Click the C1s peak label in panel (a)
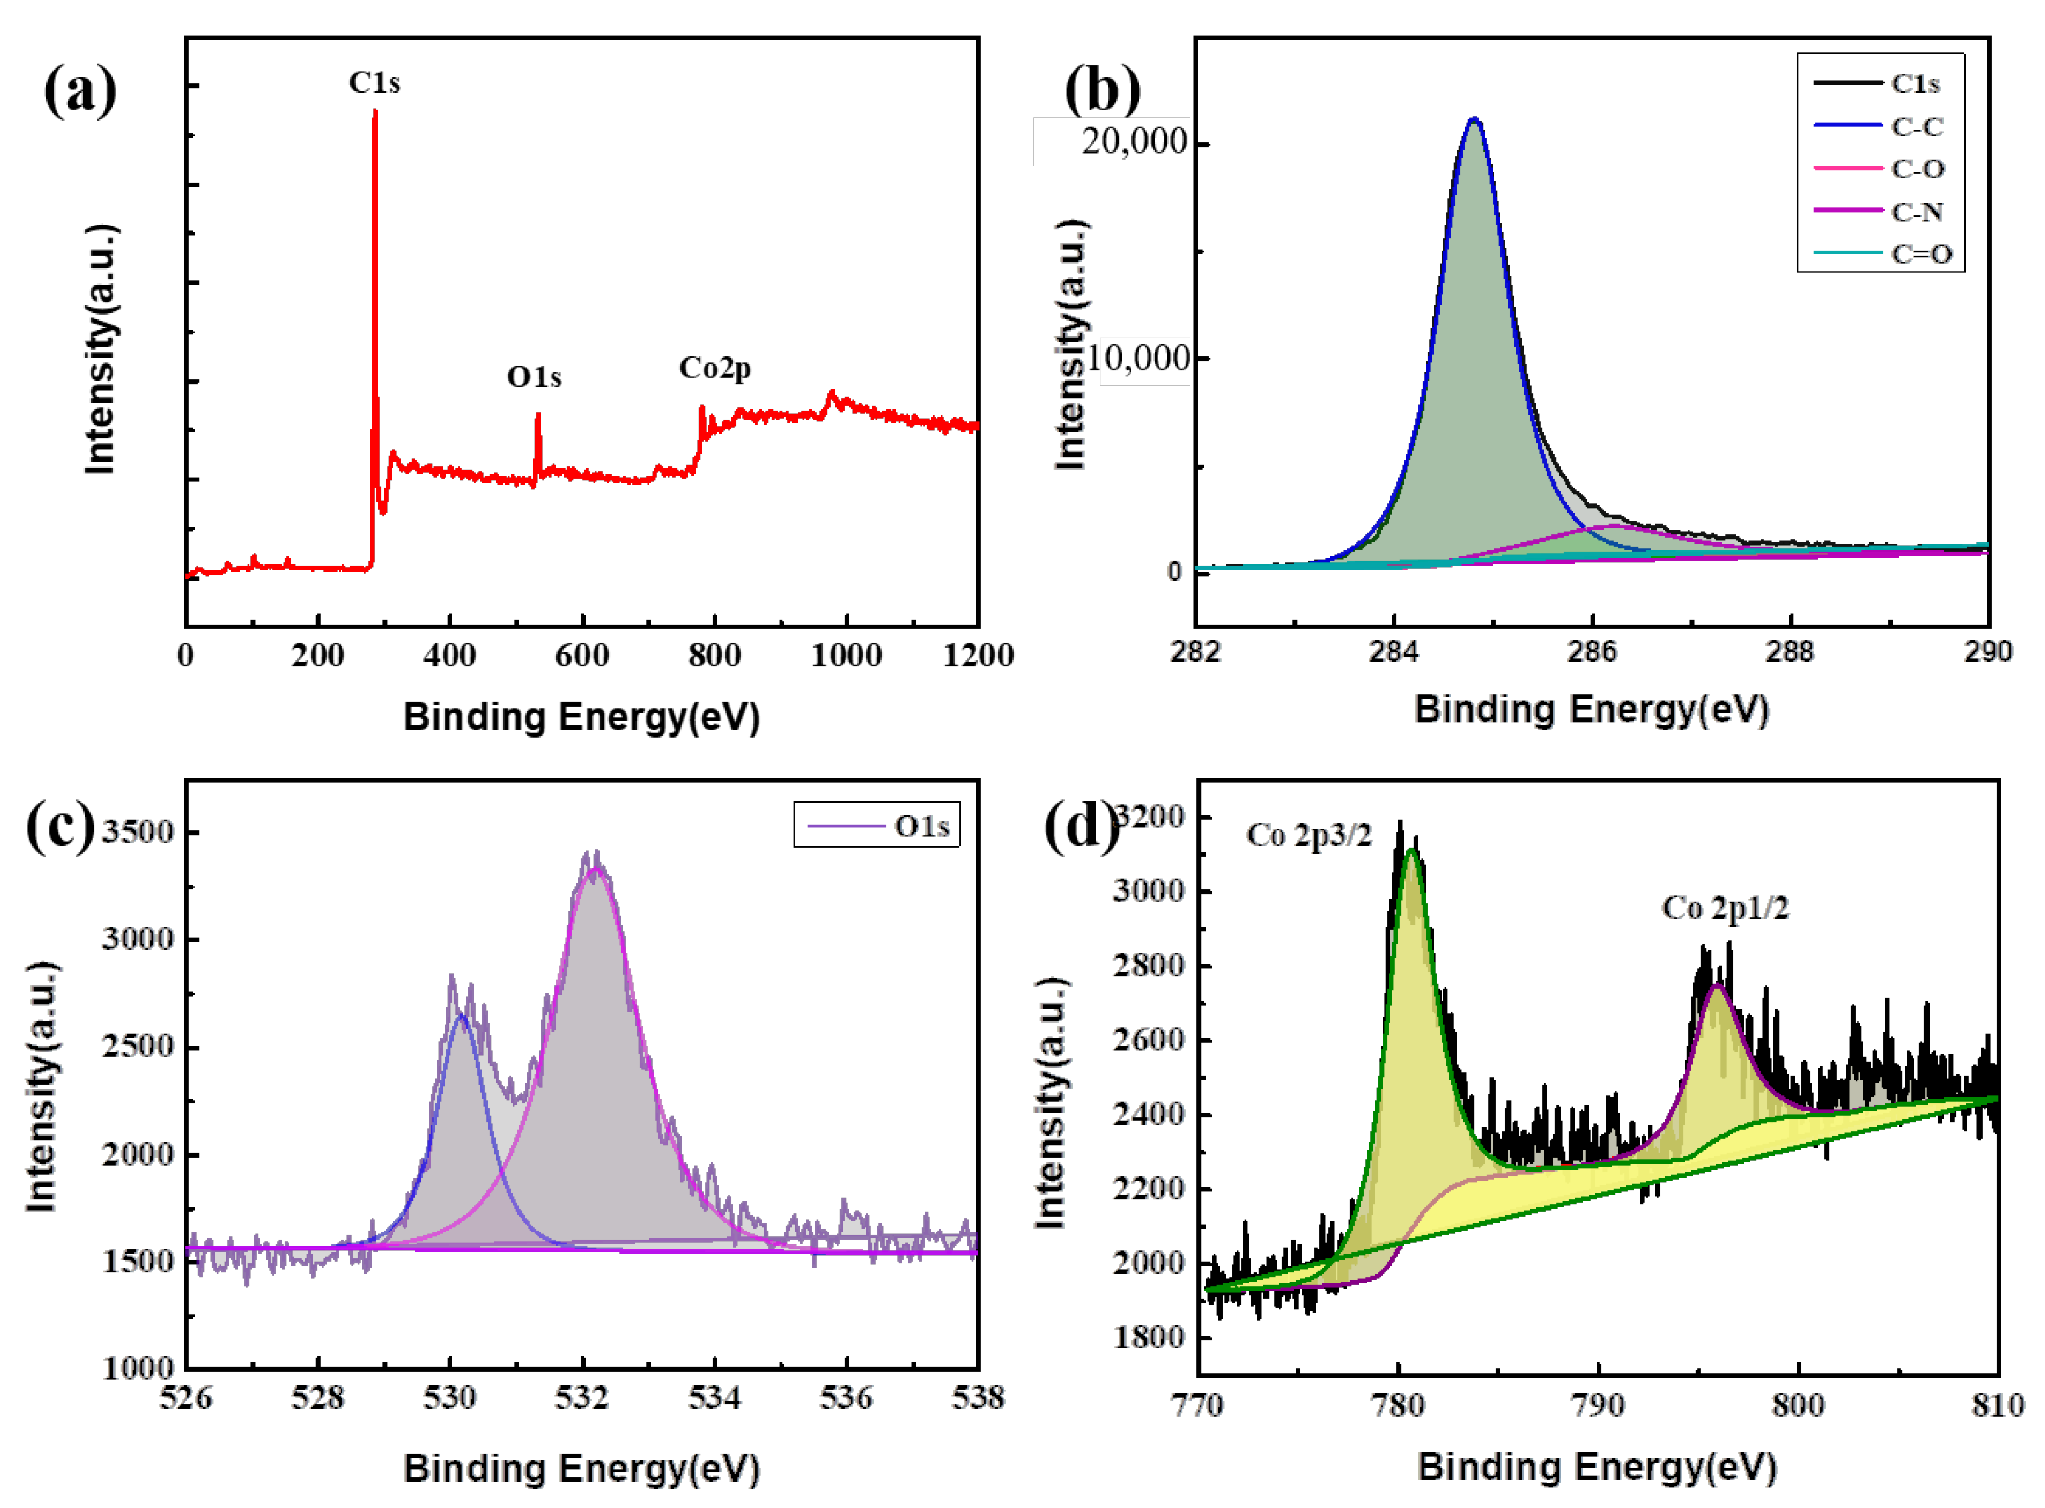point(374,83)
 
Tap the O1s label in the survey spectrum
point(534,377)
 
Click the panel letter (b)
point(1102,89)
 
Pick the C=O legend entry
point(1921,254)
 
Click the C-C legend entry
point(1916,127)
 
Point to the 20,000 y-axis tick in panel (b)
point(1134,142)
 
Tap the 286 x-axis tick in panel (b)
point(1592,652)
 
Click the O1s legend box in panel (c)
point(876,826)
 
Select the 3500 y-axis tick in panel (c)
point(137,832)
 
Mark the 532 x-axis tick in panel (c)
point(582,1397)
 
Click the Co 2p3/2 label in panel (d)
point(1309,835)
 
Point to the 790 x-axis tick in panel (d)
point(1599,1405)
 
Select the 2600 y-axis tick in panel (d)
point(1149,1040)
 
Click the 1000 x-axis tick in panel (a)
point(847,656)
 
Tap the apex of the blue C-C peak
point(1473,120)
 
